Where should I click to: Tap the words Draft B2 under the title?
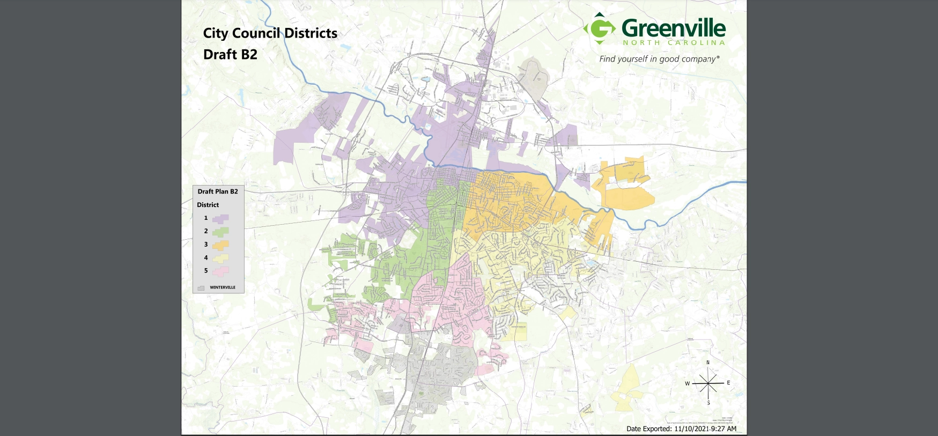tap(230, 55)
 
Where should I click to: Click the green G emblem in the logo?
tap(600, 28)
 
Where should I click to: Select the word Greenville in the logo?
tap(674, 28)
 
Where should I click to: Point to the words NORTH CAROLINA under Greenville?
tap(674, 43)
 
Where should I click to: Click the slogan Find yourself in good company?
tap(659, 59)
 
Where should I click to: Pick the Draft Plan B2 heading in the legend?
tap(218, 191)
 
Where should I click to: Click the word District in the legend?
tap(208, 205)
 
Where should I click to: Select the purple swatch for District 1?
tap(220, 218)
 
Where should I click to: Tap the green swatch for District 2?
tap(220, 232)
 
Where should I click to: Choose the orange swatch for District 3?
tap(220, 245)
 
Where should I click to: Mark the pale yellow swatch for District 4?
tap(220, 258)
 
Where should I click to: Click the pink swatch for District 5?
tap(220, 271)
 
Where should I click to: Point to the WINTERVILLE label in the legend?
tap(223, 287)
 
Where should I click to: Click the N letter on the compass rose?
tap(708, 363)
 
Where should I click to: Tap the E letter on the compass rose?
tap(728, 383)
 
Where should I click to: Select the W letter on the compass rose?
tap(687, 383)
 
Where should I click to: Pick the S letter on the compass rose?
tap(708, 403)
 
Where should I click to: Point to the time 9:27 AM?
tap(723, 429)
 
